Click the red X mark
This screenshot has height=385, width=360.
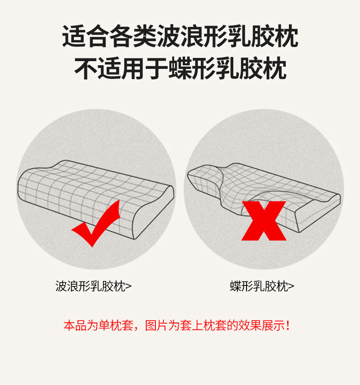tap(264, 220)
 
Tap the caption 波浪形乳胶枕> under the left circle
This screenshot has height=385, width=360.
tap(93, 286)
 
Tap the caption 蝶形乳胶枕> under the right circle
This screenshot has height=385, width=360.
tap(262, 286)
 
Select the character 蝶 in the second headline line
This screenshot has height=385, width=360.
tap(180, 68)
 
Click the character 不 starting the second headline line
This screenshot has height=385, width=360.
tap(86, 68)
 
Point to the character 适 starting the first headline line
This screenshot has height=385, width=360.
tap(74, 36)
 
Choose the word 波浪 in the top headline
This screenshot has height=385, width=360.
tap(180, 36)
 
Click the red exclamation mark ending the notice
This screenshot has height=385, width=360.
tap(288, 326)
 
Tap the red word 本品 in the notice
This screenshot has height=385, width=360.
tap(75, 326)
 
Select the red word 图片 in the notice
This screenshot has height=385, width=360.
tap(156, 326)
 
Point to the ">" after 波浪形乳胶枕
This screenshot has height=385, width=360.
tap(129, 286)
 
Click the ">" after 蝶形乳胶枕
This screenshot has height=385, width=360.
tap(291, 286)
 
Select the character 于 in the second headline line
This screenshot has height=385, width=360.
tap(156, 68)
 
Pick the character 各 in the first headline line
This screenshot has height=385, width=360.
tap(121, 36)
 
